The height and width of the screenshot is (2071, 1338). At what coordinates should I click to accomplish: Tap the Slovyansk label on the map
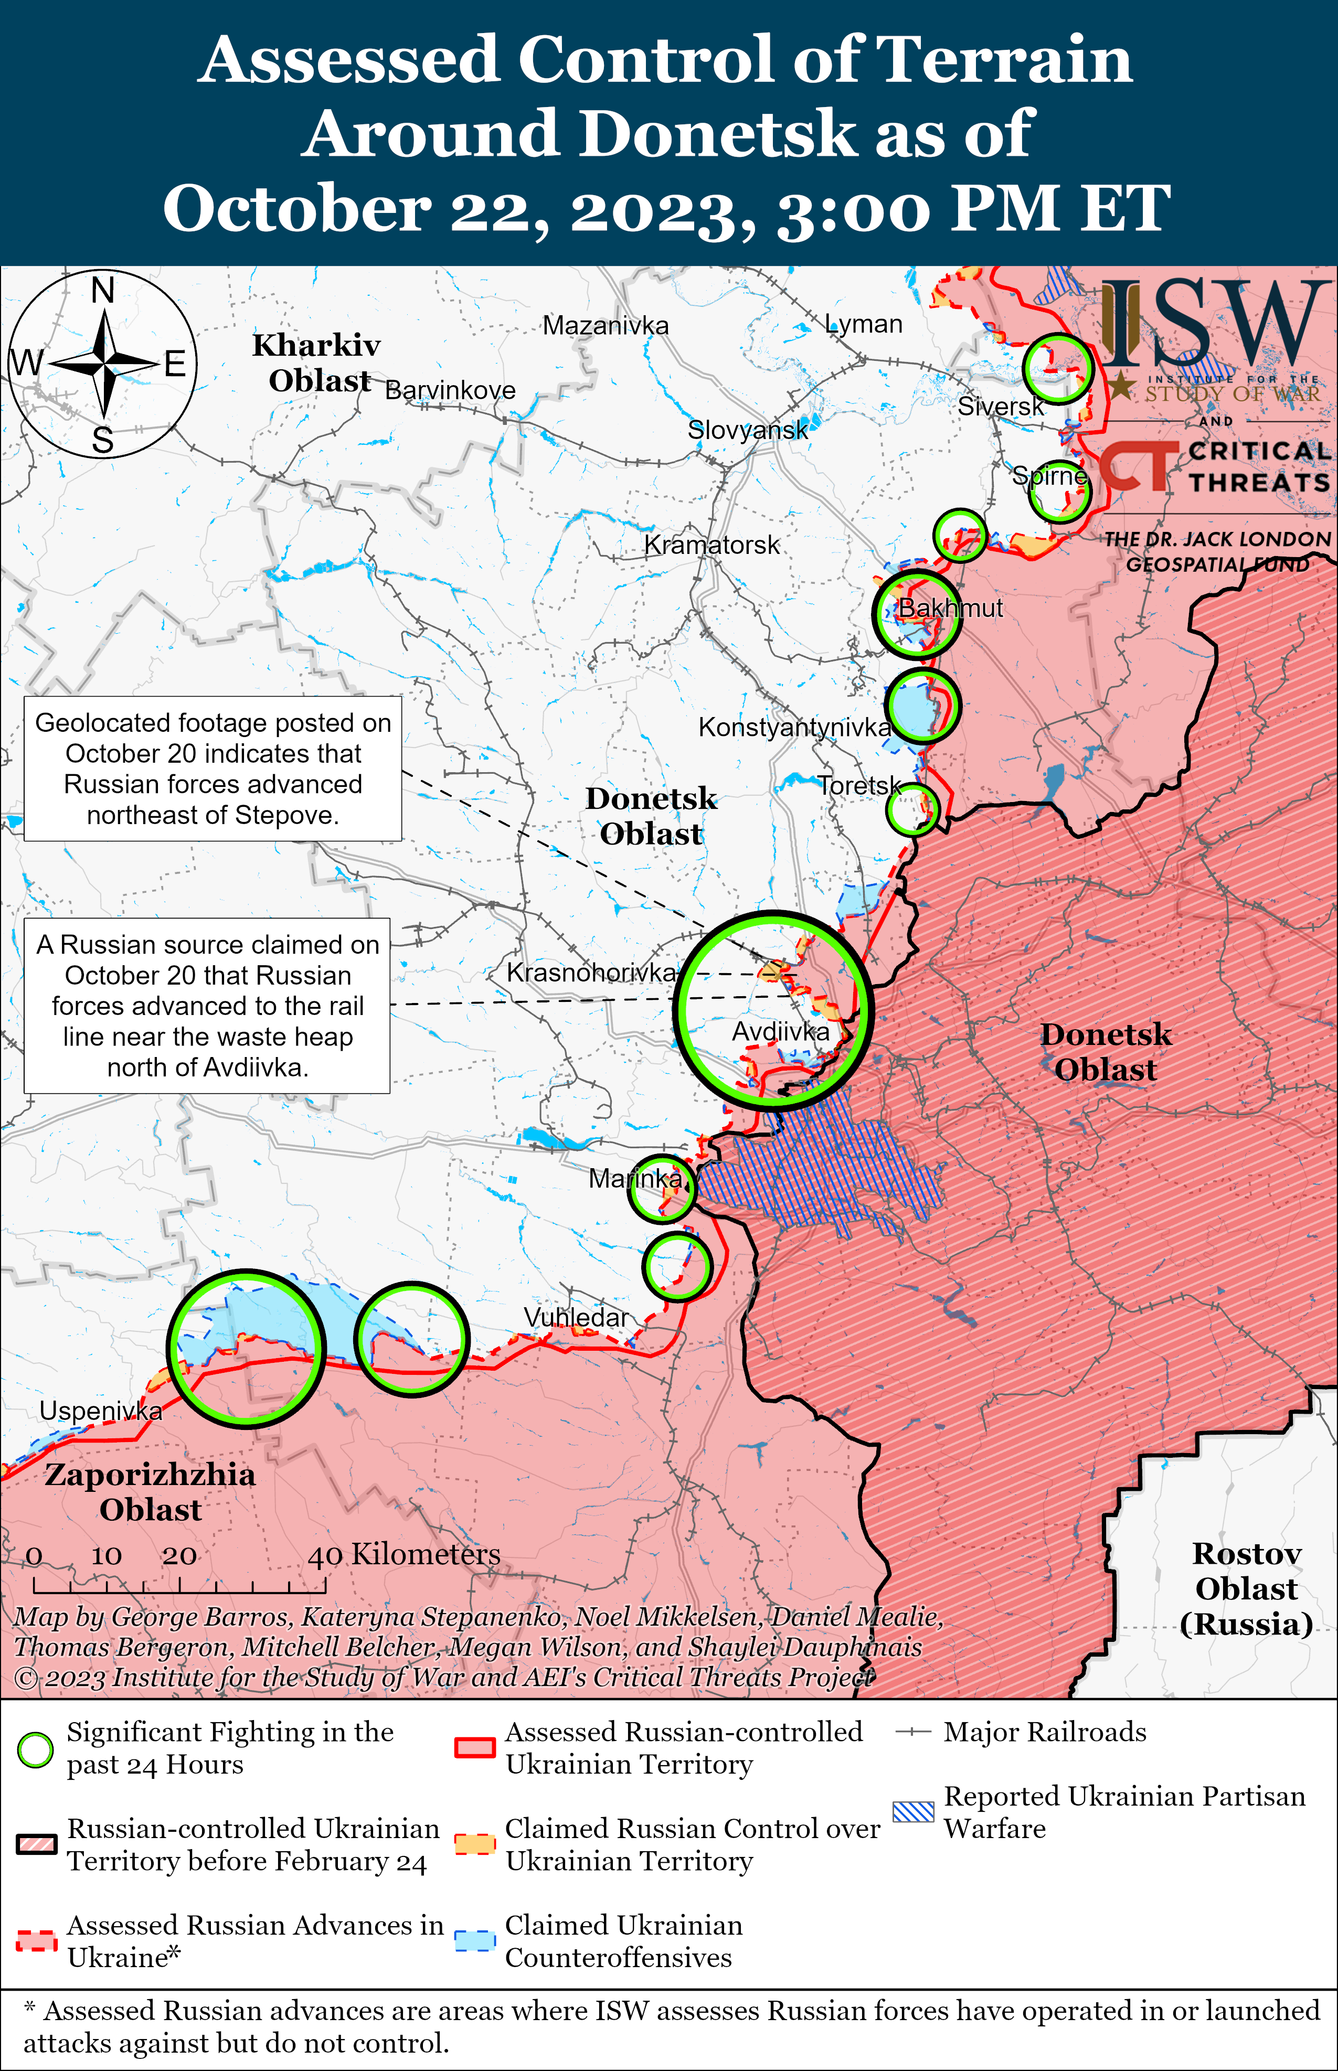[x=747, y=429]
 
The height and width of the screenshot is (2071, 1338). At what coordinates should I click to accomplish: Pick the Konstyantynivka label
[x=794, y=727]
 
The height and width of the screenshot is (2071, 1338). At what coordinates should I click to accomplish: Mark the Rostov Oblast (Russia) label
[x=1246, y=1588]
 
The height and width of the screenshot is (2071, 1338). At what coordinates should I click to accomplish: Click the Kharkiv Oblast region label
[x=317, y=362]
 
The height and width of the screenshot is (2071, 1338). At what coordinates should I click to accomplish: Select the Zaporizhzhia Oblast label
[x=150, y=1492]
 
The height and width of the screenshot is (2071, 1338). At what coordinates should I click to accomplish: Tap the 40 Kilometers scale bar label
[x=404, y=1553]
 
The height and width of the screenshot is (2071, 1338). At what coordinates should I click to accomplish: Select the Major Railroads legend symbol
[x=913, y=1732]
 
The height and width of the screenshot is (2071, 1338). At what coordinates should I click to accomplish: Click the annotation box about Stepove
[x=213, y=768]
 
